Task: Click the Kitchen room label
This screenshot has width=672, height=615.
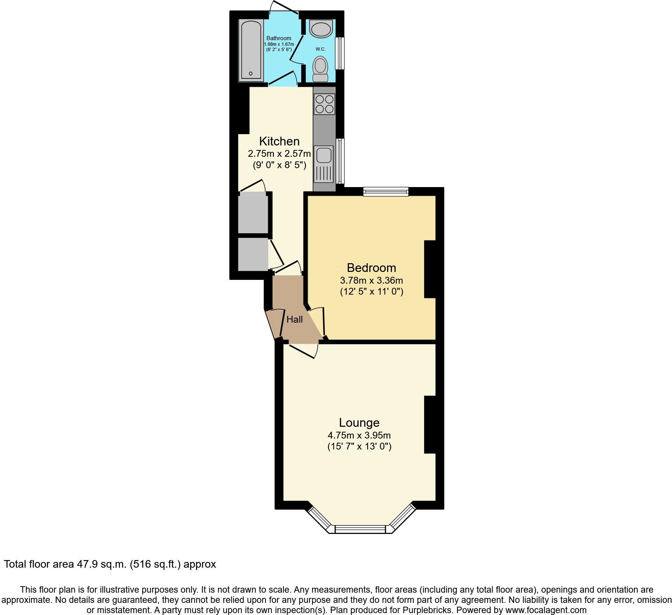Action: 279,141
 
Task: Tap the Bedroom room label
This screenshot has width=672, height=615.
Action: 371,268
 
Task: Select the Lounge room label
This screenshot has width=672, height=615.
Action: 359,423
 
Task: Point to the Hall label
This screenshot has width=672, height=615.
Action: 294,320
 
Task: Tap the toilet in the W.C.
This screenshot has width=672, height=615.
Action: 320,69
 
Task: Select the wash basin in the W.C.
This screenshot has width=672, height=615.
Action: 320,28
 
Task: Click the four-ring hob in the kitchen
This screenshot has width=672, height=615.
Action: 324,104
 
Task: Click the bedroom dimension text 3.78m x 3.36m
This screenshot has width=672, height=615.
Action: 371,281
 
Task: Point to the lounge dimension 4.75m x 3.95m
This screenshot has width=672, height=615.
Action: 359,435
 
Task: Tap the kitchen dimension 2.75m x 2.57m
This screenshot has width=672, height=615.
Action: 279,154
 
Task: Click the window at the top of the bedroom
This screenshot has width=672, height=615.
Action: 386,192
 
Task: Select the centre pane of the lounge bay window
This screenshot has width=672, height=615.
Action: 360,529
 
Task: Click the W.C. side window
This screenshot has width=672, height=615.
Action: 341,53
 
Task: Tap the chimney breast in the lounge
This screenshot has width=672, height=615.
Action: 430,425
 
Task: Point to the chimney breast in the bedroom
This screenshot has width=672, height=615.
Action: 430,269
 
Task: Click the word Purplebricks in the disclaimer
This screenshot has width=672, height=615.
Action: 428,610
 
